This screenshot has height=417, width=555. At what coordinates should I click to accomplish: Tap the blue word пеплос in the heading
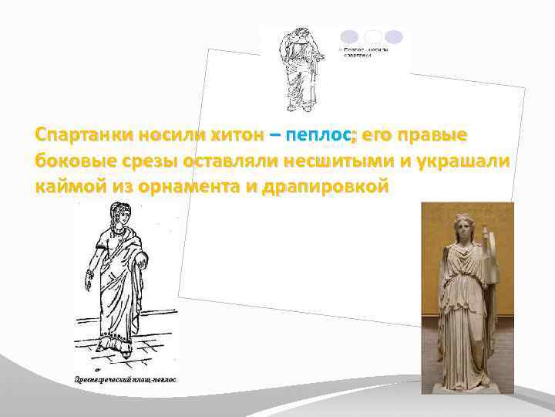pos(318,136)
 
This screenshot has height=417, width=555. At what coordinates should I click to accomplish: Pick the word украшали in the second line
pos(462,161)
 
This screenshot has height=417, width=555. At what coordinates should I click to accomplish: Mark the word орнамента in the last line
pos(196,187)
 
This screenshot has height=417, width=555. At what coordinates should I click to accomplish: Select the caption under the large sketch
pos(126,380)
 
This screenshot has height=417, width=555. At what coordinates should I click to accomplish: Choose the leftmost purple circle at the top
pos(349,36)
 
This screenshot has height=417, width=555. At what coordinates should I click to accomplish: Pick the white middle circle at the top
pos(372,36)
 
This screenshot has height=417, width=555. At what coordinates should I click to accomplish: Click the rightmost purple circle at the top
pos(394,36)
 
